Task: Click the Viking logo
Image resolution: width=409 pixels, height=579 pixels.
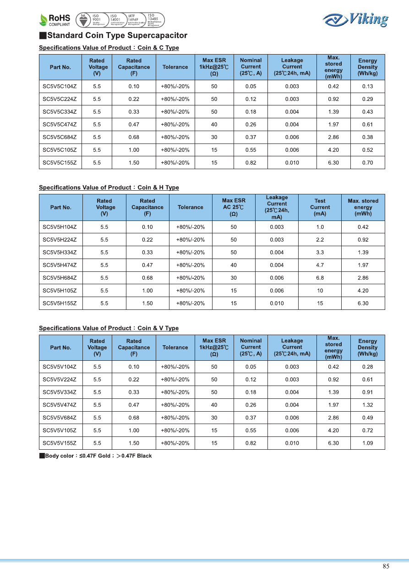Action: [x=355, y=20]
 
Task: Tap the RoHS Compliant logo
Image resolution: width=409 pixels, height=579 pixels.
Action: [x=55, y=20]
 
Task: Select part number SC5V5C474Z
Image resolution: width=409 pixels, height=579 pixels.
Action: [x=60, y=125]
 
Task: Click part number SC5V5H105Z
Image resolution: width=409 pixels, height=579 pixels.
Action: [x=60, y=291]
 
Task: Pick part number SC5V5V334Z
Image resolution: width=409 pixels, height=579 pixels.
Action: [x=60, y=392]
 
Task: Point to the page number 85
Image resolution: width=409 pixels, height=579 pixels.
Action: [x=386, y=566]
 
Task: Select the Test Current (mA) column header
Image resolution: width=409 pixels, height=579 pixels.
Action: [x=320, y=207]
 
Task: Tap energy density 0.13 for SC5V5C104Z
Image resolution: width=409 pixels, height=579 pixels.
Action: [x=367, y=87]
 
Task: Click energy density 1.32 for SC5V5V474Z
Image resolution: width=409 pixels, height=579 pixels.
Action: [x=367, y=405]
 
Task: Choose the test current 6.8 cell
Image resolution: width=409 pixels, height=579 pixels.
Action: [x=320, y=278]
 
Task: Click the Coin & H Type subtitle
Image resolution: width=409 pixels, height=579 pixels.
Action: [x=109, y=187]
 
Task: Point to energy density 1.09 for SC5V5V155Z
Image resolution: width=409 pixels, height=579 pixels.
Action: [x=367, y=443]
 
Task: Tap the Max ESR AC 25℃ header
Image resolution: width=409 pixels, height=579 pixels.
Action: [x=234, y=207]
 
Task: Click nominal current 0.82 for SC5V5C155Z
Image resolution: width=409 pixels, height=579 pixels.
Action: [x=251, y=163]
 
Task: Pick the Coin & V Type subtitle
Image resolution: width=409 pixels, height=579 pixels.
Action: [x=109, y=328]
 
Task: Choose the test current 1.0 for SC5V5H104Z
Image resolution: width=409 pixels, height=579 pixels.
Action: [x=320, y=227]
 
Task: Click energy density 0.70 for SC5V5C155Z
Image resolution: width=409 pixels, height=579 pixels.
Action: [x=367, y=163]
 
